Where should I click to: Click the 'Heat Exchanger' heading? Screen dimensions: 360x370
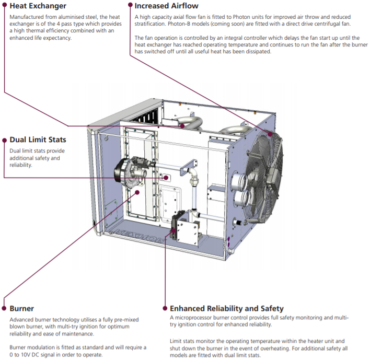[x=38, y=6]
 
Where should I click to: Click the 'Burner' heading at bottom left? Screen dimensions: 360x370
[x=22, y=309]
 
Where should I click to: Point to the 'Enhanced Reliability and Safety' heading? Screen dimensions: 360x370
[x=227, y=309]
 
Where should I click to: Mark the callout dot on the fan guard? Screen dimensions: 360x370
[x=270, y=134]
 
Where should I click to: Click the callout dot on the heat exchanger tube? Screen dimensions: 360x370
[x=181, y=125]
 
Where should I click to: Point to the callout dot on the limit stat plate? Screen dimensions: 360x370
[x=167, y=178]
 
